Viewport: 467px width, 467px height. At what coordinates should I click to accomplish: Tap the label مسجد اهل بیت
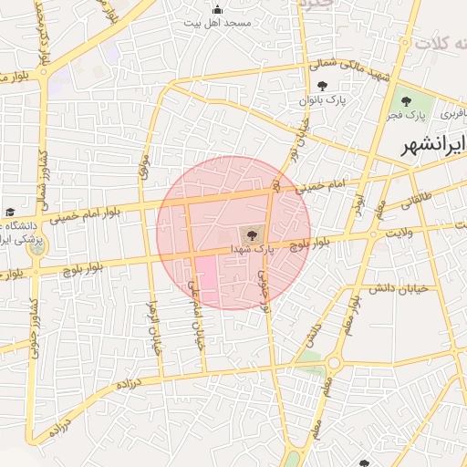216,23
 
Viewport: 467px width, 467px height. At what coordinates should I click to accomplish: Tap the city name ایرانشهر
432,144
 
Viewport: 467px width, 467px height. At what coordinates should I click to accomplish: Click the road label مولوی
142,166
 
